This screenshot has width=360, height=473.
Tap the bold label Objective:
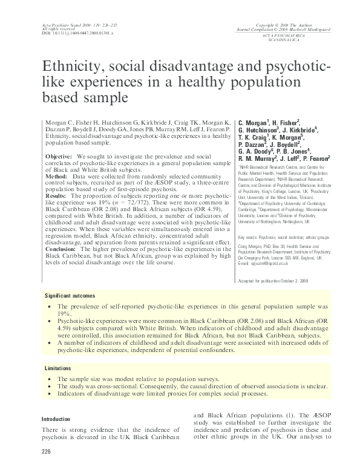click(x=60, y=156)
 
